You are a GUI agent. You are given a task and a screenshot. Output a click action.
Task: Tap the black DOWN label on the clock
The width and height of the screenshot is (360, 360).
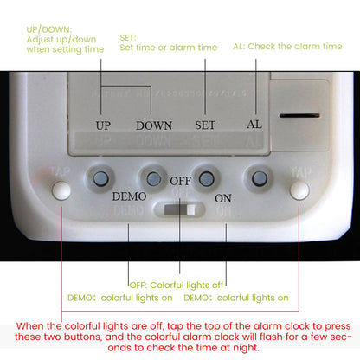pos(153,125)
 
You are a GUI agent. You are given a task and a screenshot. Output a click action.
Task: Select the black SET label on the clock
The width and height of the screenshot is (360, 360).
pos(205,125)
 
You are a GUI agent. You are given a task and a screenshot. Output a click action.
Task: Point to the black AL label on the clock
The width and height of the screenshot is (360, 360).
pos(254,125)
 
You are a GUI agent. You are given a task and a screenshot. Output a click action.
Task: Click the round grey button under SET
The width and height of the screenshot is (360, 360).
pos(205,178)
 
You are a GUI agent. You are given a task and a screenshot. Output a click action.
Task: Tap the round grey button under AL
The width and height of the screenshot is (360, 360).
pos(258,178)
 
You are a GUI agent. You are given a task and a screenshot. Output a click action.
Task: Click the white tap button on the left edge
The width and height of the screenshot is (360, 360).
pos(60,190)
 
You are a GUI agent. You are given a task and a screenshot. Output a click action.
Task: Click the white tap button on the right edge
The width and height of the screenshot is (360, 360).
pos(299,190)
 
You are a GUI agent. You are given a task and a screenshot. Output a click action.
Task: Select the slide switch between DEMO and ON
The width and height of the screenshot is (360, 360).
pos(180,209)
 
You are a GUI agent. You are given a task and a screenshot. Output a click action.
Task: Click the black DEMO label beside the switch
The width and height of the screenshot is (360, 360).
pos(129,196)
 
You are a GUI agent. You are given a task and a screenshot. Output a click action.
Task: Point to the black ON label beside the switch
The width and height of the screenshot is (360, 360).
pos(223,198)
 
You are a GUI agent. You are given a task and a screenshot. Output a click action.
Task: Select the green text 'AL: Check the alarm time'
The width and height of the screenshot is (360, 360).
pos(287,47)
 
